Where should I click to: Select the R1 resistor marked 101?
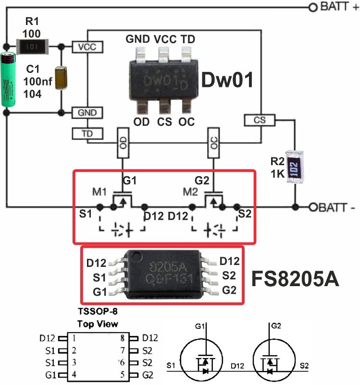30,47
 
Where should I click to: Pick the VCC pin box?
87,47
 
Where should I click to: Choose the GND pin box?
87,113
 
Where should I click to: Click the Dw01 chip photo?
163,79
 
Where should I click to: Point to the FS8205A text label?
296,278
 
